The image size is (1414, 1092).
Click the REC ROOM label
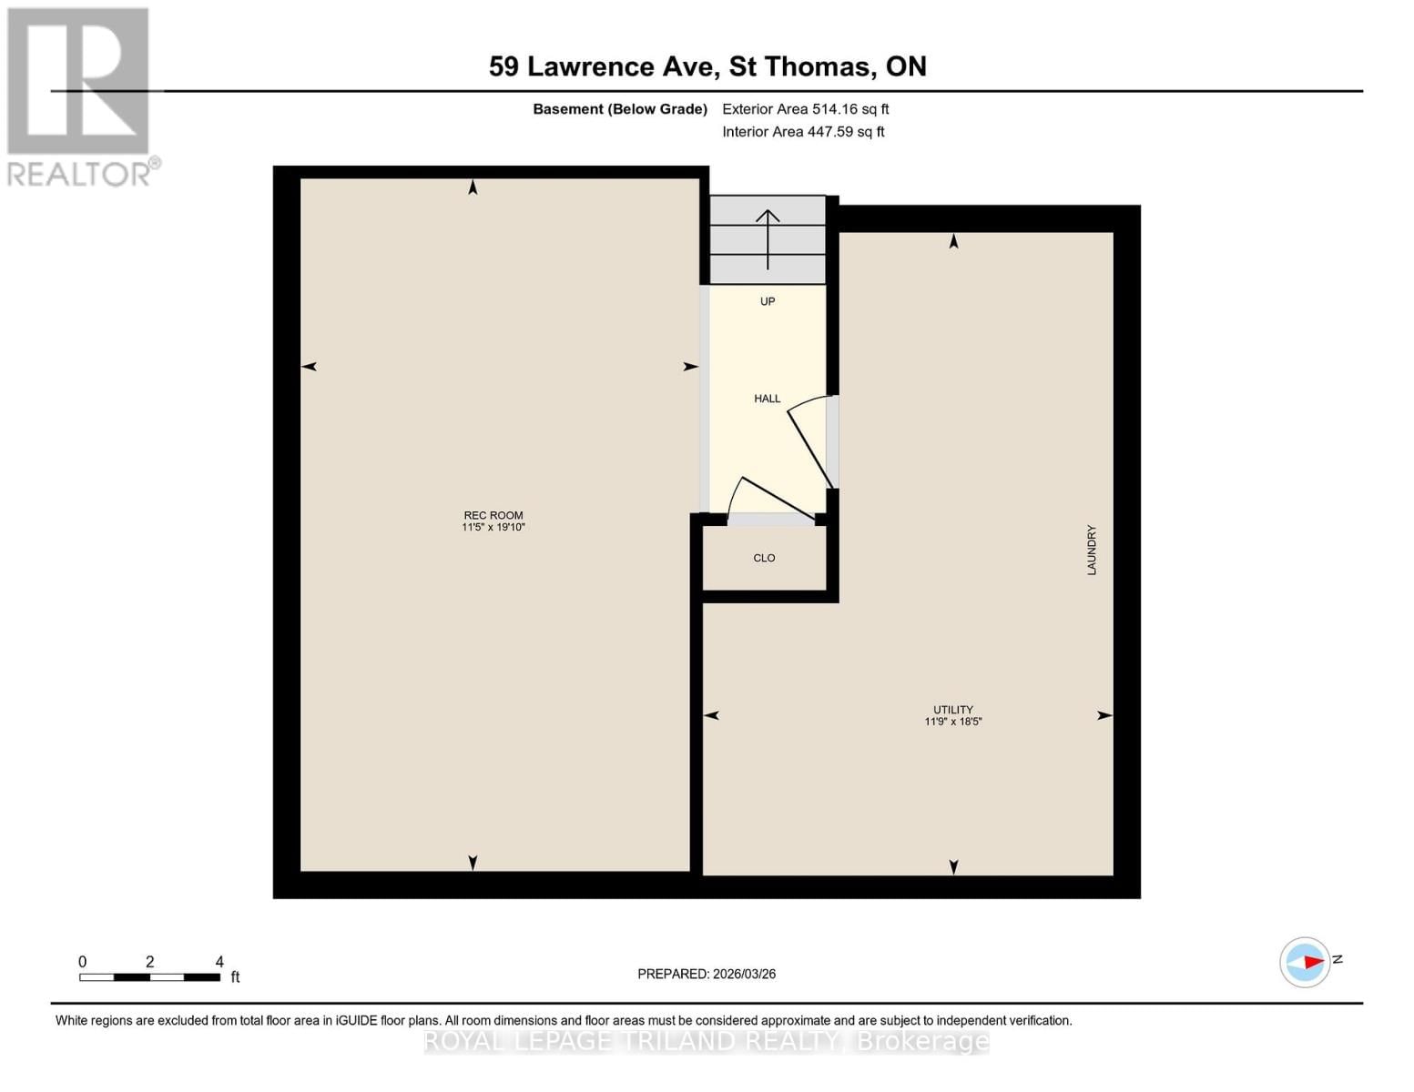click(493, 515)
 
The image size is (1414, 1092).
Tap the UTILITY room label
click(952, 710)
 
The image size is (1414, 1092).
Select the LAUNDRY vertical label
click(1091, 550)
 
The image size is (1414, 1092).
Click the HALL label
click(767, 399)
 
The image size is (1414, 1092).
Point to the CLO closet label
click(764, 558)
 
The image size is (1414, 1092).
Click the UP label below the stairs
click(767, 301)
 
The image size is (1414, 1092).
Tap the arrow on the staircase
click(768, 239)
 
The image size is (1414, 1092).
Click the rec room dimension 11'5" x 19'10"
click(493, 528)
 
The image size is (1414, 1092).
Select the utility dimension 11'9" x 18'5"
click(952, 722)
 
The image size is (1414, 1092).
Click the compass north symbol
click(1306, 962)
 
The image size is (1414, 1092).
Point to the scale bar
click(149, 977)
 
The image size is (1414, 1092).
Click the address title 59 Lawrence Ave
click(707, 66)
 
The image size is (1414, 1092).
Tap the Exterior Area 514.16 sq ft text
click(805, 109)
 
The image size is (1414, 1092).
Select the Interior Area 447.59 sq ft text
click(803, 132)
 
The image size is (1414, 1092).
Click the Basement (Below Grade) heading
click(619, 109)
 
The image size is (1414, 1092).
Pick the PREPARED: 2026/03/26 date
click(707, 974)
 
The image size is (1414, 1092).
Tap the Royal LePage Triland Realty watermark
click(707, 1041)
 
